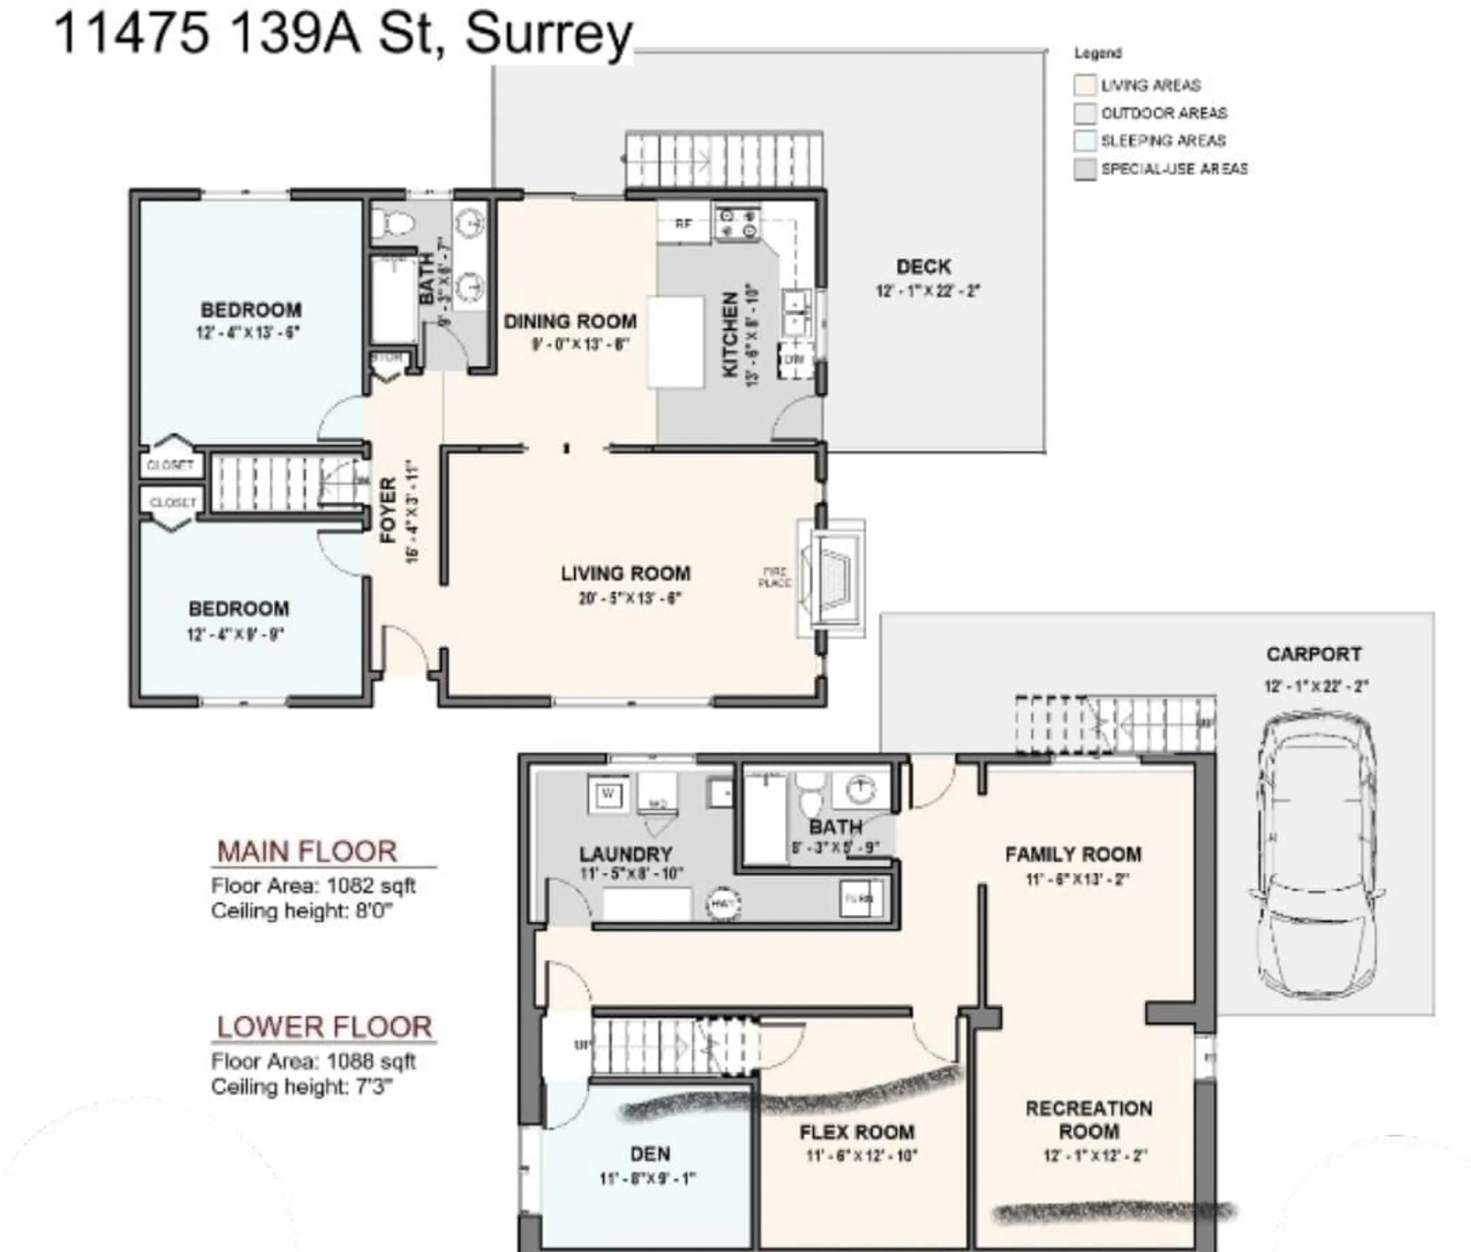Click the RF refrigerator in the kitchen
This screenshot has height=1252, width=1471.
683,223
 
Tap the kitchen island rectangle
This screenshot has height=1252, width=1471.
675,342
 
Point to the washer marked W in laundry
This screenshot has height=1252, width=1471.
608,794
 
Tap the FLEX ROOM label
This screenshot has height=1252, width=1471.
857,1132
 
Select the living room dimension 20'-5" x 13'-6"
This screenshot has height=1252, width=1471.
629,598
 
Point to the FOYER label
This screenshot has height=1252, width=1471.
387,510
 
